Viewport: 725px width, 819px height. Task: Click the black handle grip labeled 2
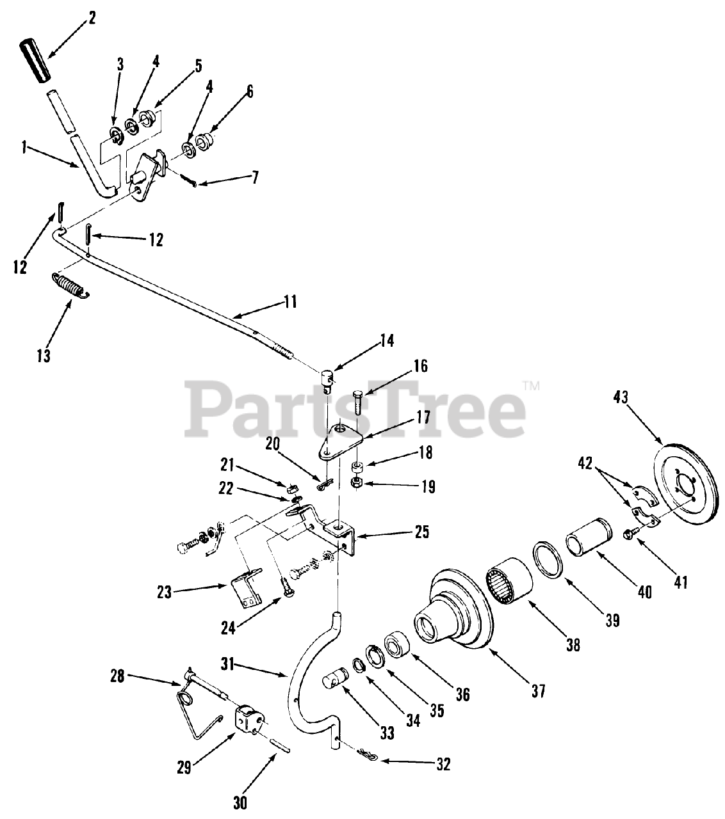36,61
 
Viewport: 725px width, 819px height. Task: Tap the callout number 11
291,301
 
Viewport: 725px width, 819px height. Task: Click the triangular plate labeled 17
343,442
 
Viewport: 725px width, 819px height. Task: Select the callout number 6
250,91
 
